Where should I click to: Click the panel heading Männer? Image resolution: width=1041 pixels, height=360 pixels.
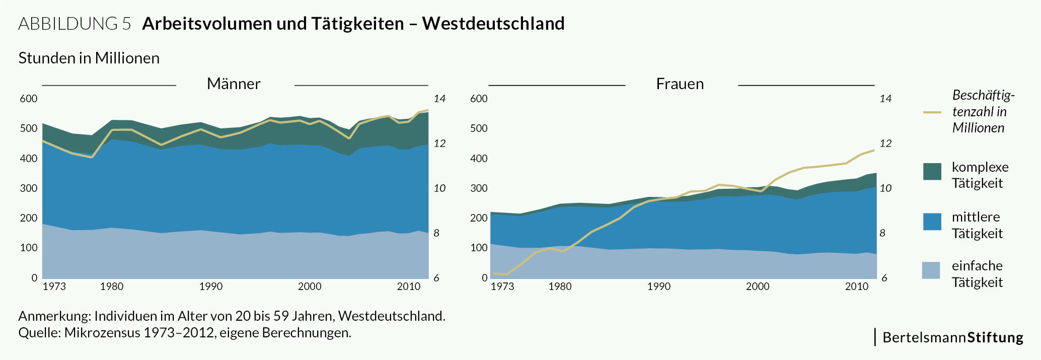234,84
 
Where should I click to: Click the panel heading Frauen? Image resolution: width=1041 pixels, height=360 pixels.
680,84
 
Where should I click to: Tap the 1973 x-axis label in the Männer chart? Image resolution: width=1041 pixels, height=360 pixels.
54,287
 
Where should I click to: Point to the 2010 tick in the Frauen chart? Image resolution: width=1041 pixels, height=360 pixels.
857,287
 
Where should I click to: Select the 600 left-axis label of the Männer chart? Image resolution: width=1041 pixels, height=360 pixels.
29,99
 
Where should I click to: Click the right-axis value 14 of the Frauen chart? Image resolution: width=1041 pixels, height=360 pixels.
885,99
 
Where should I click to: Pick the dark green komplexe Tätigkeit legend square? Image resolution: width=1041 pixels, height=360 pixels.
932,171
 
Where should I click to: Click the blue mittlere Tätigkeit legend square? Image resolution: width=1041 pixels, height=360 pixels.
932,222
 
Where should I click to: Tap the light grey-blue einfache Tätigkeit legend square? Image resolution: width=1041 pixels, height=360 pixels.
931,270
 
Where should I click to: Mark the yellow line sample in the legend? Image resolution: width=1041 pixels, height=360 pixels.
932,112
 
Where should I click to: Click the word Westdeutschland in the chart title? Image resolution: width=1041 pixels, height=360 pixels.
493,24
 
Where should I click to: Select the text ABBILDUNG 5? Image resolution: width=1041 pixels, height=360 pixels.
75,24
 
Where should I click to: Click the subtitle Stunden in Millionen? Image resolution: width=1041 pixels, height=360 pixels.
89,58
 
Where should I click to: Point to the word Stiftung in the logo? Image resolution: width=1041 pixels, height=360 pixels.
995,337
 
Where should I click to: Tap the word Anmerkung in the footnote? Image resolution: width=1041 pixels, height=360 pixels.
54,316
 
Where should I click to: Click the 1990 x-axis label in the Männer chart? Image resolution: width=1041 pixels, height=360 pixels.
210,287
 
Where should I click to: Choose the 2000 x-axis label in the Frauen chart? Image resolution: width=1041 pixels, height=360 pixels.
758,287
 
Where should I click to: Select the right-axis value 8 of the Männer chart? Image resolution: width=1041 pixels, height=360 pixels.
436,234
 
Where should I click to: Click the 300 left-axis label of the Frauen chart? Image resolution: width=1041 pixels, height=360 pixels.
479,189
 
